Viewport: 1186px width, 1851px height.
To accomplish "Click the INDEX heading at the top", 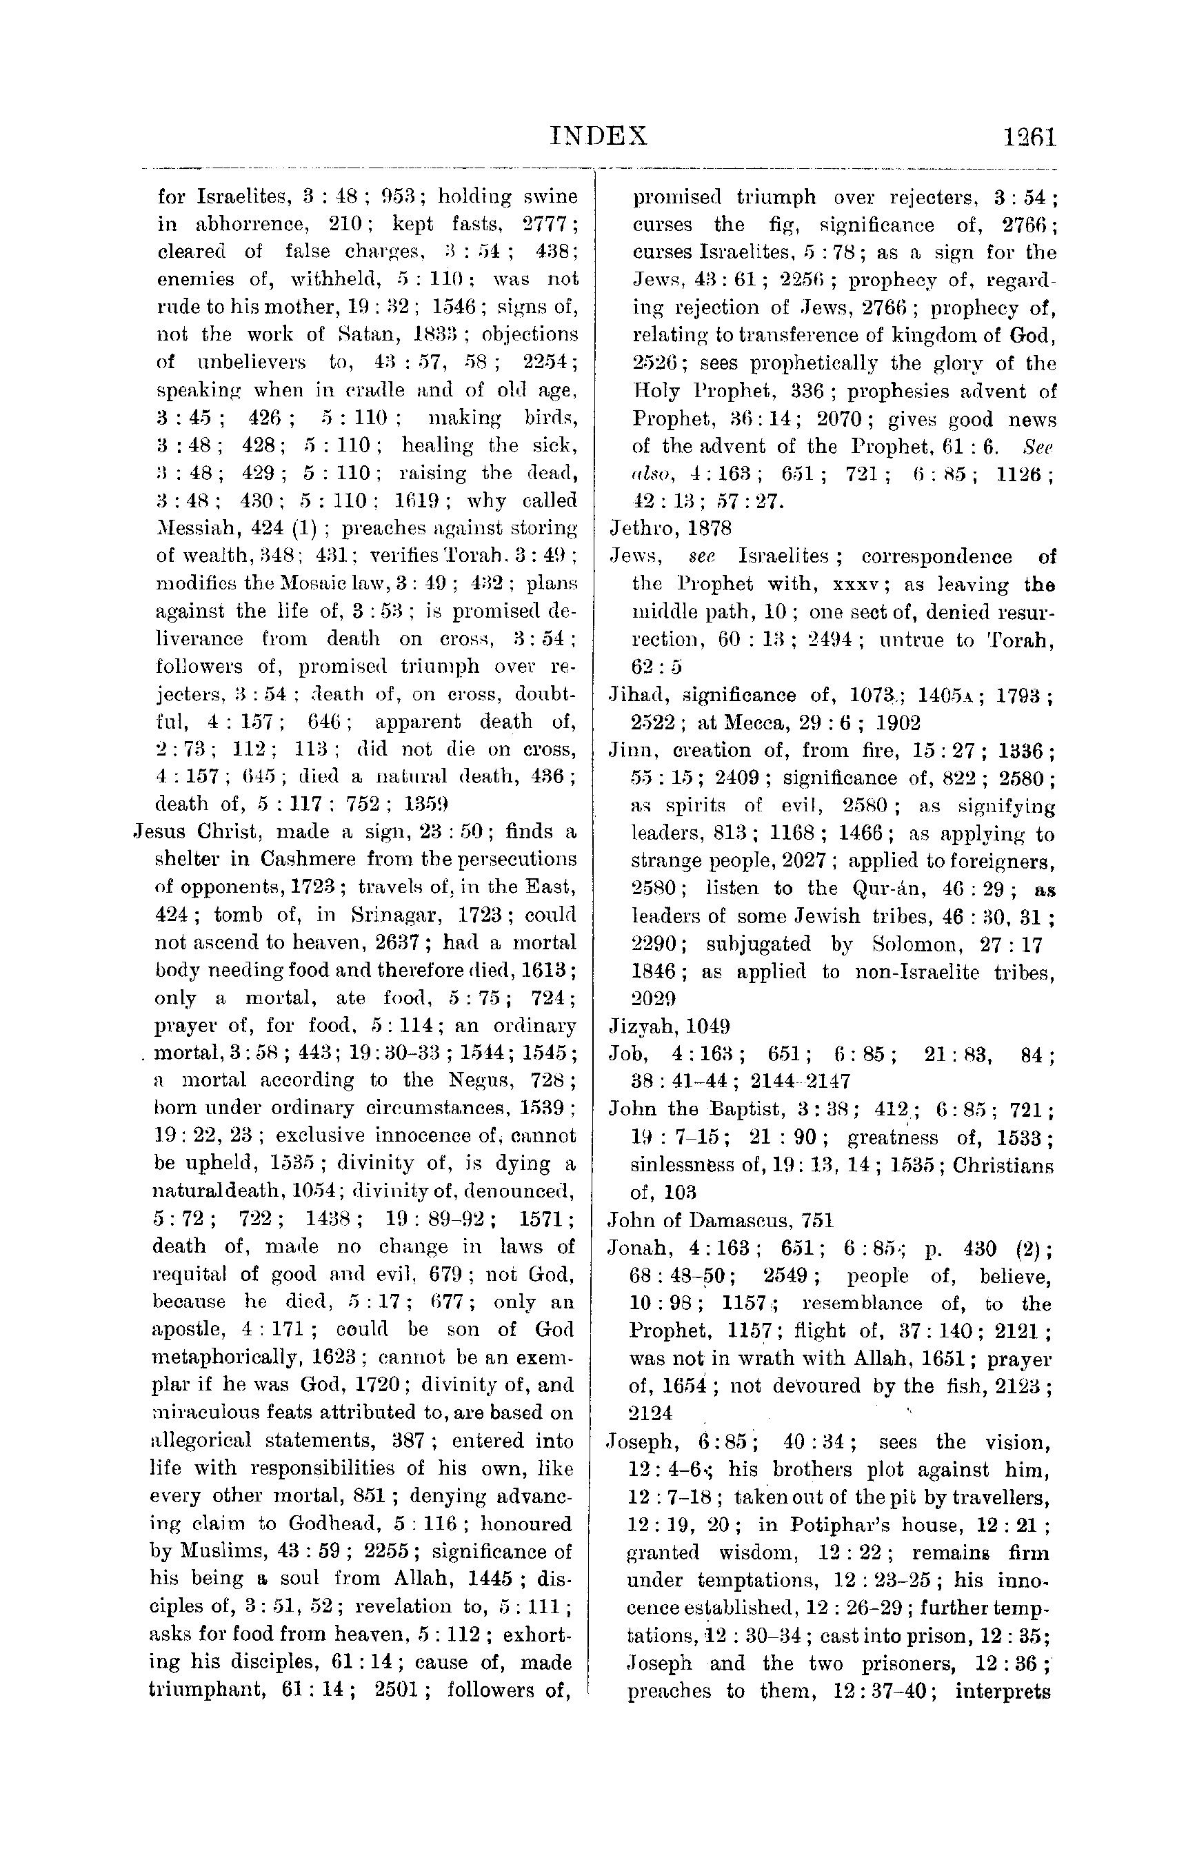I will (600, 136).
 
